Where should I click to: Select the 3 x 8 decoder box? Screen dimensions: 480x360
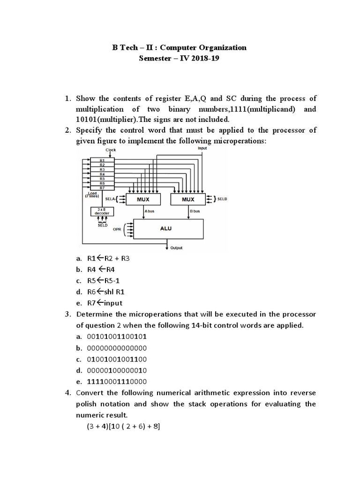(x=102, y=211)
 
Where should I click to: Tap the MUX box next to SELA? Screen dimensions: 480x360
(x=143, y=199)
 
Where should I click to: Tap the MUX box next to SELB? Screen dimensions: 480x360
(x=188, y=199)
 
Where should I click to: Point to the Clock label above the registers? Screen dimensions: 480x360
(x=111, y=150)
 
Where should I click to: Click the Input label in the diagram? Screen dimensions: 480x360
(x=202, y=148)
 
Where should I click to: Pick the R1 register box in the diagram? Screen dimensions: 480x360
(x=102, y=161)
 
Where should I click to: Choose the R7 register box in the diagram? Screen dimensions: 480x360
(x=102, y=187)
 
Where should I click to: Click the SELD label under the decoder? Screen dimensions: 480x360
(x=102, y=225)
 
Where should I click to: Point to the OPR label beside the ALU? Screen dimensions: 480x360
(x=117, y=230)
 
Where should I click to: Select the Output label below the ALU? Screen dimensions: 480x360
(x=176, y=248)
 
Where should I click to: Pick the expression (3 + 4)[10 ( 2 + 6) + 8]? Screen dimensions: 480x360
(x=123, y=426)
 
